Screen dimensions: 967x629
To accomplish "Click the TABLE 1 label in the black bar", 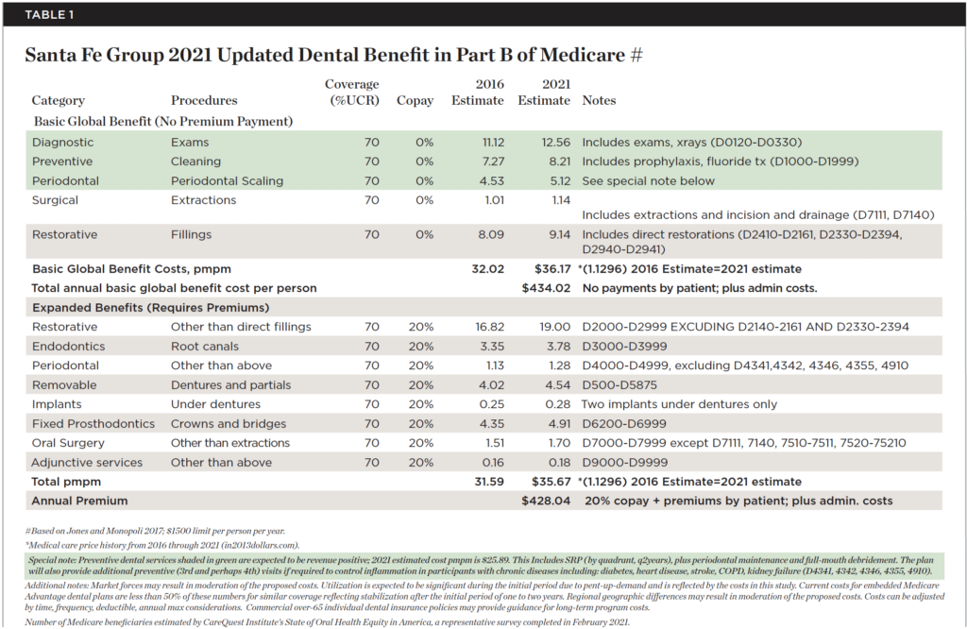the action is coord(49,15).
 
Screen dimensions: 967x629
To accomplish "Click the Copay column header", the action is coord(416,100).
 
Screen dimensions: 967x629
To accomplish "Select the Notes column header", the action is coord(599,100).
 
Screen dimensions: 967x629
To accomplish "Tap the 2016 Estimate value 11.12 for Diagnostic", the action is coord(493,143).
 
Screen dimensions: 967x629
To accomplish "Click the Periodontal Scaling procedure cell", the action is coord(227,181).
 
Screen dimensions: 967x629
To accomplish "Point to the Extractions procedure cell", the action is coord(204,200).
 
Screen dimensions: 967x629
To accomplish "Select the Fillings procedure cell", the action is coord(191,235).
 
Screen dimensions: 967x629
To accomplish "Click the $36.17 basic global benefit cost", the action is coord(552,269).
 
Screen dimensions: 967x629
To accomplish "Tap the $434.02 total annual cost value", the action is coord(547,289).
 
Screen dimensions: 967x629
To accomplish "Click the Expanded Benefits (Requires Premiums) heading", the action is coord(151,308).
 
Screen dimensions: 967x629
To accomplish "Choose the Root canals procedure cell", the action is coord(205,347).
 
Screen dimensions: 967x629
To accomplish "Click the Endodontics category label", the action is coord(68,347).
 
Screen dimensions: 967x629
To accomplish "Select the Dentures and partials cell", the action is coord(230,385).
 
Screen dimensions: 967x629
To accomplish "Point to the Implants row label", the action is coord(57,404).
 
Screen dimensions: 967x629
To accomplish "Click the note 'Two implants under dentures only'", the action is coord(679,404).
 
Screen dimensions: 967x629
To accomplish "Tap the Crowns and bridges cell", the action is coord(229,424).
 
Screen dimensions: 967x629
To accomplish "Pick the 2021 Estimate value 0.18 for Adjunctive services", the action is coord(559,463).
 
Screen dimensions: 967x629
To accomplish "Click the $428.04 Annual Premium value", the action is coord(547,501).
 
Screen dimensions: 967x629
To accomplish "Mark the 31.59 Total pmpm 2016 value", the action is coord(489,482).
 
